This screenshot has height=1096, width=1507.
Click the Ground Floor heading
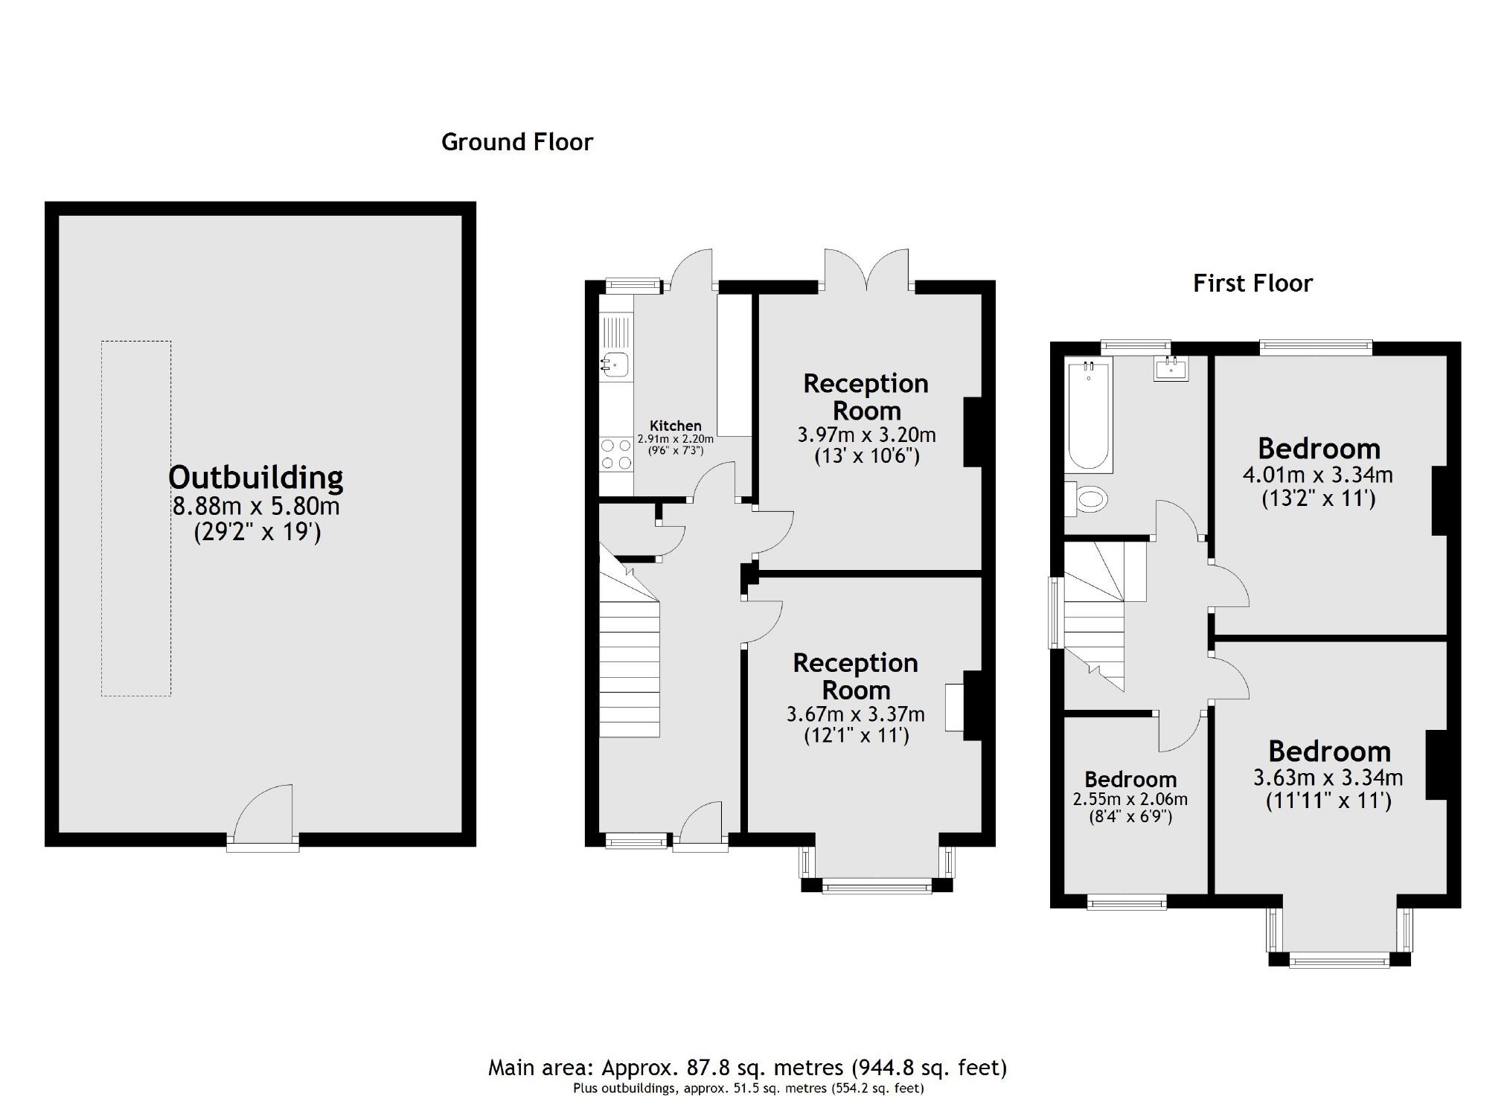pos(516,141)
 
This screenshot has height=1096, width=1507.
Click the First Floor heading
pos(1252,283)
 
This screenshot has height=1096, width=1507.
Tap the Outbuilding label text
pos(256,477)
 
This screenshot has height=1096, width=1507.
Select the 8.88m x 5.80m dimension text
pos(256,506)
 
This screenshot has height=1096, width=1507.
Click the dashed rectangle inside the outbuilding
pos(136,519)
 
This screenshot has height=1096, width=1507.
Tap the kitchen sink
pos(616,363)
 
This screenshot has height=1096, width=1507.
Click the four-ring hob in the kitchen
pos(616,454)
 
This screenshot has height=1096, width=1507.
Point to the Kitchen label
pos(675,426)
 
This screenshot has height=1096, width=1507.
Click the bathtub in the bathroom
pos(1088,414)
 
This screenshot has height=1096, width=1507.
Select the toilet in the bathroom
pos(1087,499)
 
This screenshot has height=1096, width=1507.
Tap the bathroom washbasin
pos(1171,368)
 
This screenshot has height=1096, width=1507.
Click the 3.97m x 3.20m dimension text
pos(866,435)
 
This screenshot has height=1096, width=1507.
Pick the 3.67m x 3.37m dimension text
pos(855,714)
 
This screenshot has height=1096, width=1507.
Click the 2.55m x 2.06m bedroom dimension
pos(1130,799)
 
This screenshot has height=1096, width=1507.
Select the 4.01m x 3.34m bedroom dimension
pos(1317,474)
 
